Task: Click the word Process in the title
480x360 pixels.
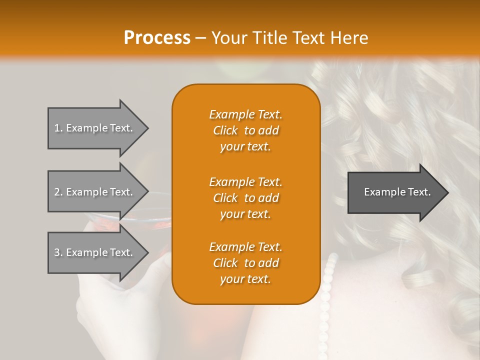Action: point(157,38)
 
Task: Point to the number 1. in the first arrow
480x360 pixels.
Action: point(58,128)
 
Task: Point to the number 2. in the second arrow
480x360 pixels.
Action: point(58,192)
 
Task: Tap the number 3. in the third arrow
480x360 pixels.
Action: point(58,252)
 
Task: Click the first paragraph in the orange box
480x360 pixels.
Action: point(245,130)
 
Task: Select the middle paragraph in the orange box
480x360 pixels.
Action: point(245,198)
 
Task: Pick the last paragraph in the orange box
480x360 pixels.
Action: point(245,263)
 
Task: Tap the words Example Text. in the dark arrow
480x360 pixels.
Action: point(397,192)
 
